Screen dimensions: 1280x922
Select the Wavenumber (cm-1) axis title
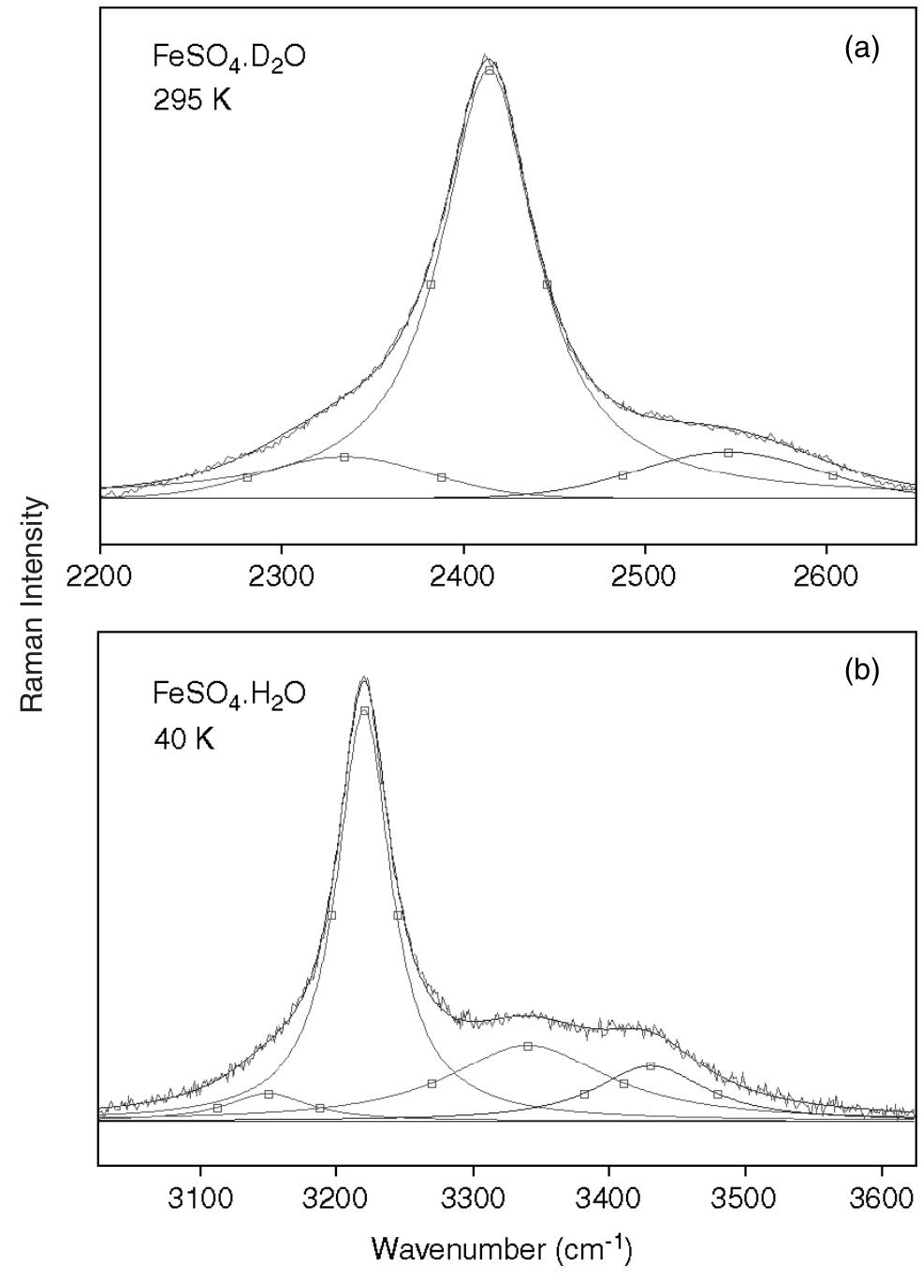(502, 1248)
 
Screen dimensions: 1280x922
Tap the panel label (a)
(861, 50)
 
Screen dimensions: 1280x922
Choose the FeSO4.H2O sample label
(228, 696)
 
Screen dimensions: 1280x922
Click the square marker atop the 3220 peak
(364, 711)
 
